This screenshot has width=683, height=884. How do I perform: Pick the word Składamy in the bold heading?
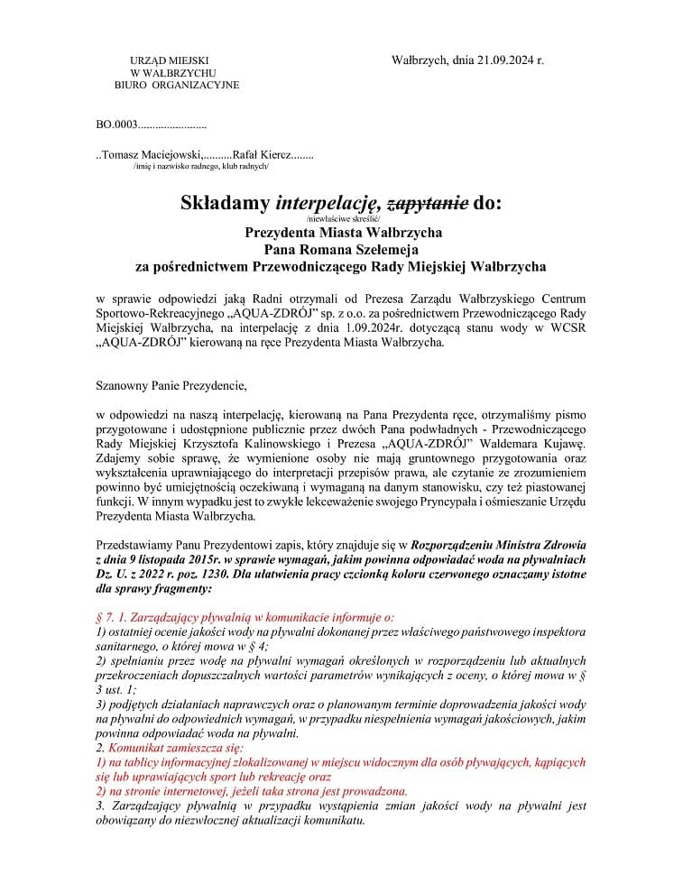(x=226, y=202)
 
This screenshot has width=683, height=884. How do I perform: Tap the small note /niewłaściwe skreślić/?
(x=344, y=219)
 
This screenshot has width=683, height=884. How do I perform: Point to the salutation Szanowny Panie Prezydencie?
(x=171, y=386)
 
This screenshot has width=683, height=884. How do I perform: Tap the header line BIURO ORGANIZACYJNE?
(x=177, y=85)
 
